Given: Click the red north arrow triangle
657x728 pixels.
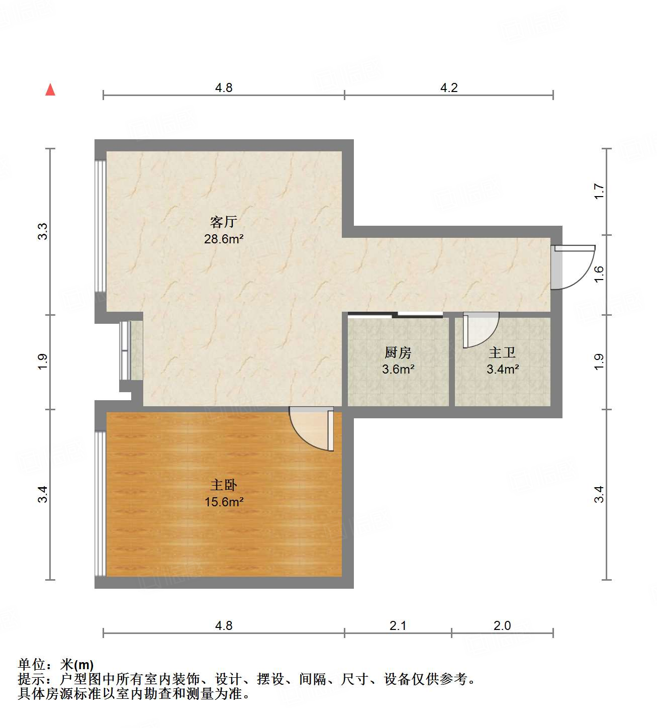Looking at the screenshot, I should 50,89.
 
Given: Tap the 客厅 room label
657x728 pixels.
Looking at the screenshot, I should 223,222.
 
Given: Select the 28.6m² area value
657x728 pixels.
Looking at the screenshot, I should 224,239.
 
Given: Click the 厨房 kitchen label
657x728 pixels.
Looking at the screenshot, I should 398,353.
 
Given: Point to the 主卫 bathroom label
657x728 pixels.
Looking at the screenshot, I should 502,353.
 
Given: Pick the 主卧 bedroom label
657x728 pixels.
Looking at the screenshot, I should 224,485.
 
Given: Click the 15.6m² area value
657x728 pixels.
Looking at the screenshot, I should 224,502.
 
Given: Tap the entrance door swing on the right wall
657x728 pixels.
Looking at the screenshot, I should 573,267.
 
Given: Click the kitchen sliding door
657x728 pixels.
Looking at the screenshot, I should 396,315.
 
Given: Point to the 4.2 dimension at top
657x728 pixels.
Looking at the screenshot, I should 449,88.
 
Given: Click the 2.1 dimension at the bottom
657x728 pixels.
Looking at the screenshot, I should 398,625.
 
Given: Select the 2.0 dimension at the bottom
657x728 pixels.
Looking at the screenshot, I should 502,625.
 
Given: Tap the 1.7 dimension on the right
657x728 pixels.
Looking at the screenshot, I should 599,192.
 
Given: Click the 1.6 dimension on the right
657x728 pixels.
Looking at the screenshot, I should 599,274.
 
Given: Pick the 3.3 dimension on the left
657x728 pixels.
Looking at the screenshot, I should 43,231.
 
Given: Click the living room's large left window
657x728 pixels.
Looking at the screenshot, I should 101,226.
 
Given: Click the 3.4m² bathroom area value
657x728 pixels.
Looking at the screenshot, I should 503,370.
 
